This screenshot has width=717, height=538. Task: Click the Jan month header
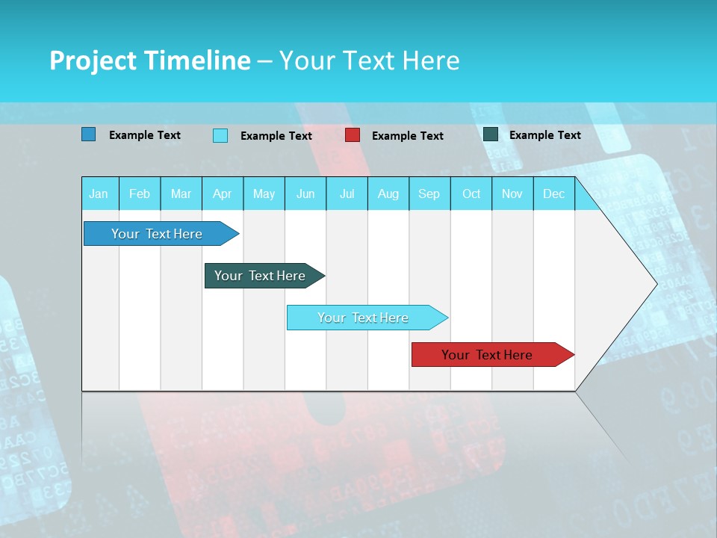(99, 194)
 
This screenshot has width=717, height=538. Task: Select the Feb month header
(140, 194)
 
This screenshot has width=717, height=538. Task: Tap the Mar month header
(181, 194)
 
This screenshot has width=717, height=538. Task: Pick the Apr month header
(223, 194)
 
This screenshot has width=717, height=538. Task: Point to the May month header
(264, 194)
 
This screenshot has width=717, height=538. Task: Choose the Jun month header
(305, 194)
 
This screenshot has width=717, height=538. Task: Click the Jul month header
(347, 194)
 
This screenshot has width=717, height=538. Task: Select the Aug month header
(388, 194)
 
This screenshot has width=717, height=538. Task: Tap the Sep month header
(429, 194)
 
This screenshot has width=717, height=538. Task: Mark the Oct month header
(471, 194)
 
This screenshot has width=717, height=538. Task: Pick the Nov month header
(512, 194)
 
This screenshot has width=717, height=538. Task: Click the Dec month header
(554, 194)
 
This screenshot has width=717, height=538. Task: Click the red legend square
(353, 135)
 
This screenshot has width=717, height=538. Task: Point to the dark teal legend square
(491, 134)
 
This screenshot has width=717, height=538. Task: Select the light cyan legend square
(220, 135)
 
